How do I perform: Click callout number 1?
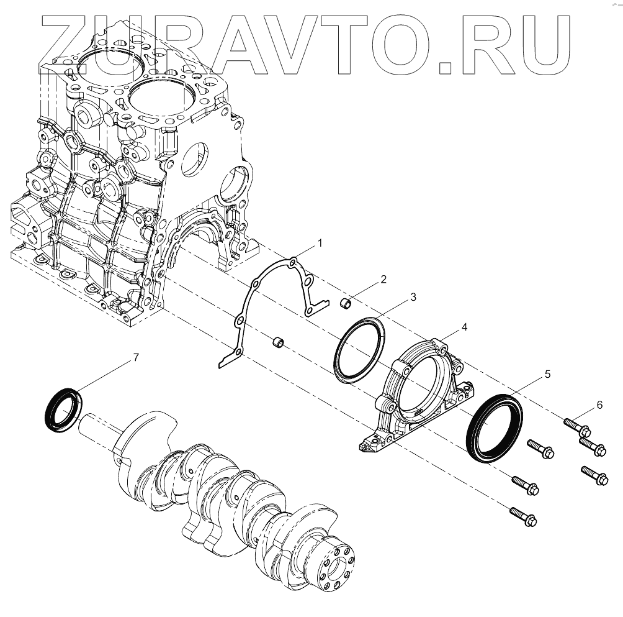click(320, 244)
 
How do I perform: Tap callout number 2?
click(383, 279)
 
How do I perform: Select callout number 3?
click(413, 297)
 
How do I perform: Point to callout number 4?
click(464, 327)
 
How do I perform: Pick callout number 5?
click(547, 374)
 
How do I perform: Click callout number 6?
click(599, 405)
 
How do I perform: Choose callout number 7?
click(136, 358)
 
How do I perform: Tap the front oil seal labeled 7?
click(63, 409)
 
